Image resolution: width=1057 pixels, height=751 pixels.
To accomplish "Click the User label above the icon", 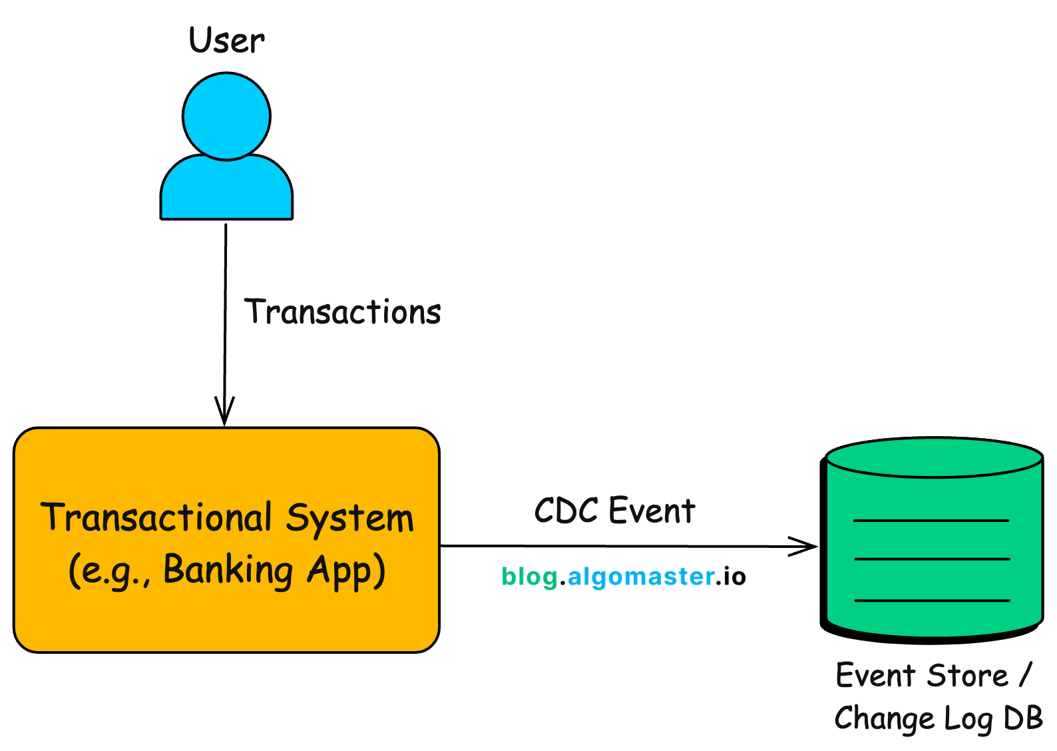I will [x=227, y=41].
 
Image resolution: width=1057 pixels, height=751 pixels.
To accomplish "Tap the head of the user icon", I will [x=226, y=117].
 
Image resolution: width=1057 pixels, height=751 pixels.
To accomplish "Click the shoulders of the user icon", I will [x=226, y=190].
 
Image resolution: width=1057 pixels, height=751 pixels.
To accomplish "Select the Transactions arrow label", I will [x=343, y=312].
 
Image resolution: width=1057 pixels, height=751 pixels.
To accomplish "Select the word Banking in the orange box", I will [x=228, y=571].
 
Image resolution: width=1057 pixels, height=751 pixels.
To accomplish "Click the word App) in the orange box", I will [x=346, y=571].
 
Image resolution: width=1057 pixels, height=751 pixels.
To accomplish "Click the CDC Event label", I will [x=614, y=511].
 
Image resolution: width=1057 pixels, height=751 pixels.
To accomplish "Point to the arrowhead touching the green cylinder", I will [x=807, y=547].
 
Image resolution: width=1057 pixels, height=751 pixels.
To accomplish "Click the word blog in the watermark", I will [x=529, y=577].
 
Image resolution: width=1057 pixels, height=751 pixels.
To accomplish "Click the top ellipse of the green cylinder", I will [x=933, y=458].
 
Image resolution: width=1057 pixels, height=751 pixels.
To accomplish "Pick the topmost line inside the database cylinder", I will [x=931, y=520].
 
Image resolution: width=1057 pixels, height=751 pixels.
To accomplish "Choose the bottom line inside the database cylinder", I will [x=932, y=601].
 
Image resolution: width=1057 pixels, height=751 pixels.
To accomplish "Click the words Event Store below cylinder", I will [x=923, y=676].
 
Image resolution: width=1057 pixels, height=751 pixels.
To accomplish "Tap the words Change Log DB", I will [x=939, y=719].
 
